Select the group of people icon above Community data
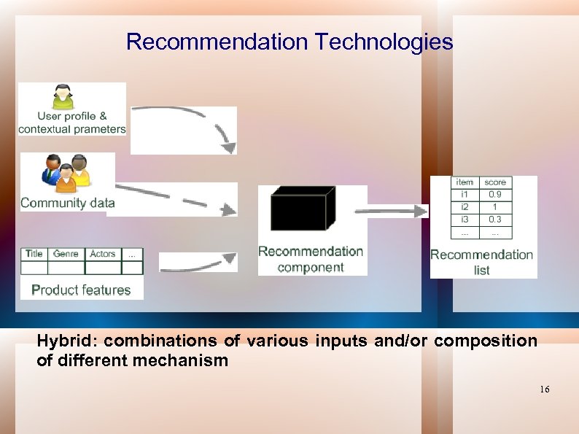click(66, 172)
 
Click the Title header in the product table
click(34, 254)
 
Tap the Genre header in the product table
click(66, 254)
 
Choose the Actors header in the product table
click(103, 254)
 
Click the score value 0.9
click(495, 195)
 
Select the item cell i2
click(465, 207)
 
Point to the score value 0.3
click(495, 220)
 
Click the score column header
click(495, 182)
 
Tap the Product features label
click(81, 290)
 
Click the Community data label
click(68, 203)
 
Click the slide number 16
click(545, 390)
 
